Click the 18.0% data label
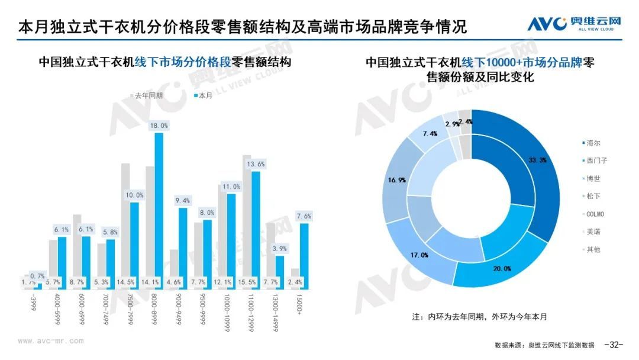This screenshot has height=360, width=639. [x=159, y=126]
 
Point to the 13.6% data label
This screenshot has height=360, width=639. [x=256, y=164]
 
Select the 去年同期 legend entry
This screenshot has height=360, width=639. [x=148, y=95]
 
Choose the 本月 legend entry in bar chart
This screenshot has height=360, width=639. [x=202, y=95]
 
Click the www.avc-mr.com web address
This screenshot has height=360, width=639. [x=51, y=340]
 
